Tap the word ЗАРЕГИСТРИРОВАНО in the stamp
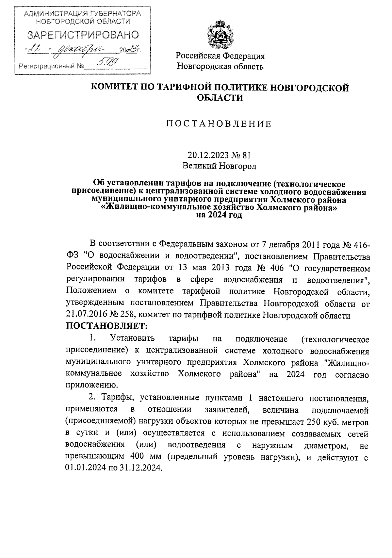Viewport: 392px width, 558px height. pyautogui.click(x=83, y=35)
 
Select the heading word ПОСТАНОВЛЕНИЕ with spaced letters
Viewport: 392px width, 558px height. pyautogui.click(x=219, y=124)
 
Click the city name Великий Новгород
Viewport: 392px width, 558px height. pyautogui.click(x=219, y=166)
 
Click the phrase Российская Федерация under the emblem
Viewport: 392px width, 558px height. pyautogui.click(x=220, y=56)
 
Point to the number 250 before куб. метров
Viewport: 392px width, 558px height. pyautogui.click(x=313, y=422)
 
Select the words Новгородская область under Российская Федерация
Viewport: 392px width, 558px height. pyautogui.click(x=220, y=67)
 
